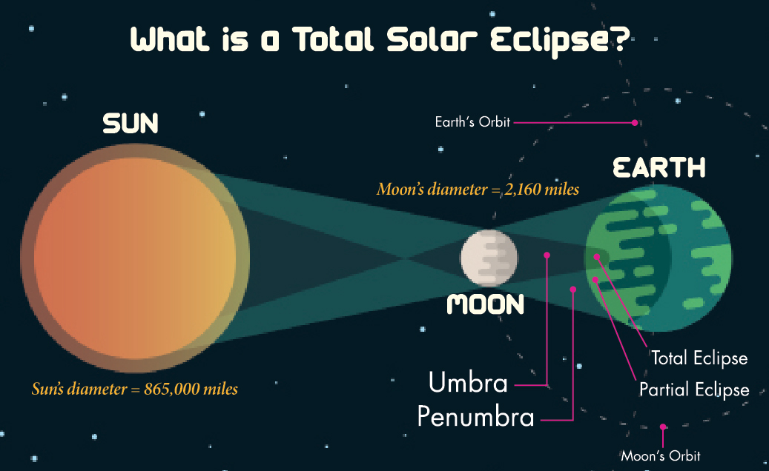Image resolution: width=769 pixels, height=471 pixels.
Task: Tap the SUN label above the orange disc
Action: pos(131,124)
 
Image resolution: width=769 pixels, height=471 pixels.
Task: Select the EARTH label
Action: pos(659,167)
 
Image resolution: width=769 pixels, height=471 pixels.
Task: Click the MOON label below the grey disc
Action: pos(486,304)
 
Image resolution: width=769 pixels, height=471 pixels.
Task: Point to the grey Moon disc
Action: pos(489,258)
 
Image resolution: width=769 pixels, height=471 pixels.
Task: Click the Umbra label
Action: pos(468,382)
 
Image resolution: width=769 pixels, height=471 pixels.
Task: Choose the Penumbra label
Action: pos(475,417)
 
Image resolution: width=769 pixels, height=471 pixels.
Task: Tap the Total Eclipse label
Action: pos(699,358)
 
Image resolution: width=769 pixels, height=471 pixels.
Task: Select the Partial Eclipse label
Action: pos(694,390)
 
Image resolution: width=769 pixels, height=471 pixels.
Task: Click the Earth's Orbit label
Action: pos(473,122)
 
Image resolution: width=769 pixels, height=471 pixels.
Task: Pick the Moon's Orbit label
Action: pos(661,456)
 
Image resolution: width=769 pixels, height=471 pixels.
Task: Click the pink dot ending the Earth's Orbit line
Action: pos(635,122)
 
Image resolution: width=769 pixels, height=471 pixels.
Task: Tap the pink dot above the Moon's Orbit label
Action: pos(663,427)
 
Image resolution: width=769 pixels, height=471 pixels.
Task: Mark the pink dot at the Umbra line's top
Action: pos(547,255)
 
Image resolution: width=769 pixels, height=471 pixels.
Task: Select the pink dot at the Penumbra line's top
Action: pos(572,290)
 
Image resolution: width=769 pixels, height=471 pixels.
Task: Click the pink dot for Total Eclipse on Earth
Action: pos(597,256)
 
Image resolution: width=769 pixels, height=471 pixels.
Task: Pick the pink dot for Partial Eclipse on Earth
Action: pos(595,280)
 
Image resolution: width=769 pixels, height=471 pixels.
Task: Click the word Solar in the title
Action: pos(432,39)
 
